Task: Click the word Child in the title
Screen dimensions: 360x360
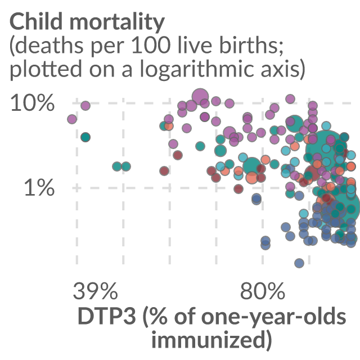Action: [x=36, y=21]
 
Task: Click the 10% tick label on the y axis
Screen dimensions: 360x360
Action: [x=33, y=103]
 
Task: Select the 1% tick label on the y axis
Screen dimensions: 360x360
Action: [x=39, y=187]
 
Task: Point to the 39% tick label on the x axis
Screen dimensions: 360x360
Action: [x=95, y=291]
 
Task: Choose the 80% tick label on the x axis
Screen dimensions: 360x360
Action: [x=263, y=291]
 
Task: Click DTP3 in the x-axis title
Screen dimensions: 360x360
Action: [x=107, y=316]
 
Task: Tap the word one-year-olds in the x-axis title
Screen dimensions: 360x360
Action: [x=273, y=317]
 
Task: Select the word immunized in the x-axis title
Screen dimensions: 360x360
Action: [x=209, y=339]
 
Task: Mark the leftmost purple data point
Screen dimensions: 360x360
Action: [x=72, y=119]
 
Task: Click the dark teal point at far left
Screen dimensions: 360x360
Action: [x=85, y=137]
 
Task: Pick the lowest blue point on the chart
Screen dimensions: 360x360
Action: [x=299, y=263]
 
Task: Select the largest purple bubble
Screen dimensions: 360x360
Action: [x=200, y=96]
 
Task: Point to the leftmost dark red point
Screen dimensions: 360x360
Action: [x=164, y=171]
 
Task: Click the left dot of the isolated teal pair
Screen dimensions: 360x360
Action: [x=117, y=166]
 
